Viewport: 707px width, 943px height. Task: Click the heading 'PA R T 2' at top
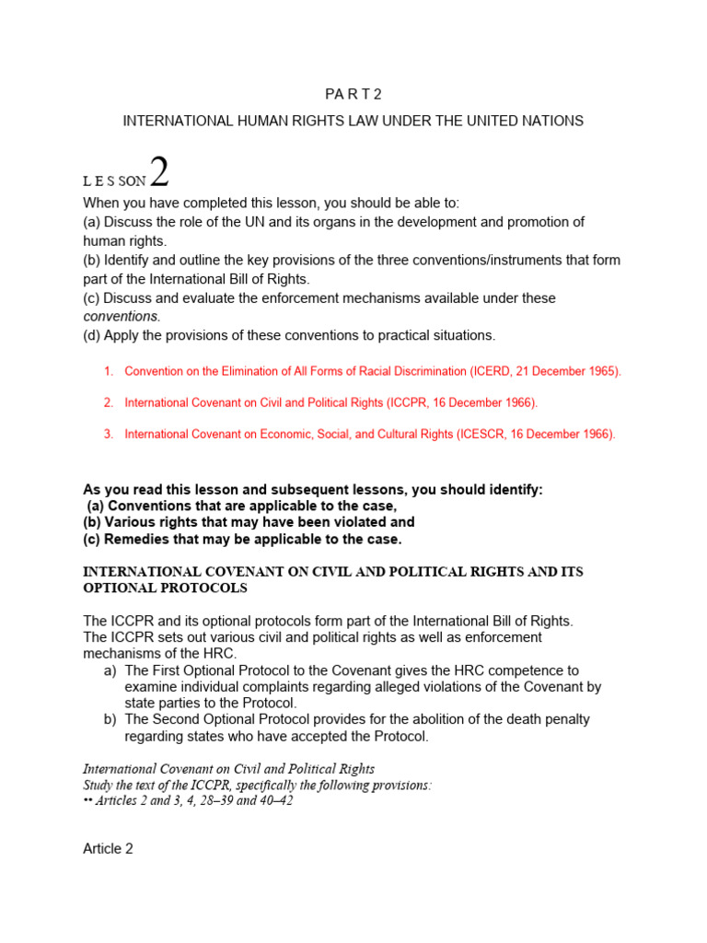353,95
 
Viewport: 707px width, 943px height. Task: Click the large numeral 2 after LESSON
159,173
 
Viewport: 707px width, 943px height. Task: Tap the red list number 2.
108,402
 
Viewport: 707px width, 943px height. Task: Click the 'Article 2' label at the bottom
108,848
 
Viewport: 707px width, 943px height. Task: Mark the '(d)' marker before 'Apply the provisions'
92,335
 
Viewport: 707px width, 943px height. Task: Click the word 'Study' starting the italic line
99,785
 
